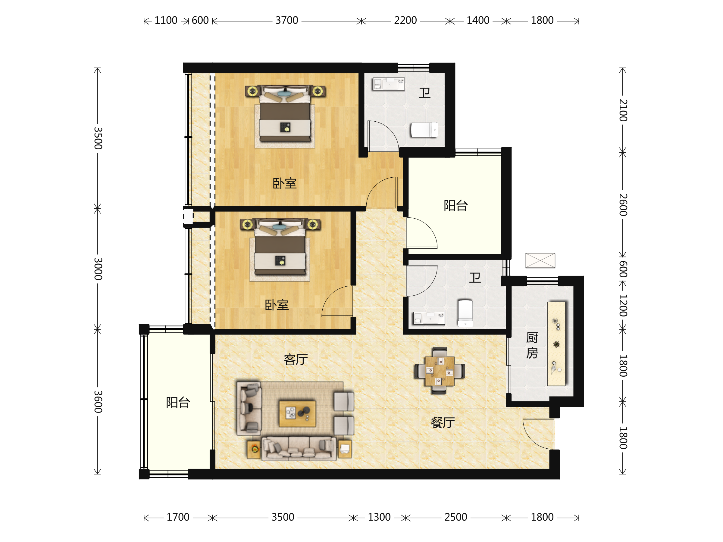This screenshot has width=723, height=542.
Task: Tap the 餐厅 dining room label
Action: click(443, 423)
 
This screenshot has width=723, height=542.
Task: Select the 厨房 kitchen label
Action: click(532, 345)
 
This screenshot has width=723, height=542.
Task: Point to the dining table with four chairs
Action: click(440, 371)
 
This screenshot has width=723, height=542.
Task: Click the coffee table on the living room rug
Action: click(297, 414)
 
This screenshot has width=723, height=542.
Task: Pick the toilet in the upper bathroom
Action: click(424, 130)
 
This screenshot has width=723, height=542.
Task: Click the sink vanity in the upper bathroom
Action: click(389, 84)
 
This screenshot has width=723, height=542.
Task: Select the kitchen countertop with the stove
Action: click(557, 344)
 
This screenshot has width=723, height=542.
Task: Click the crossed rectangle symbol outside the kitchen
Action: click(540, 260)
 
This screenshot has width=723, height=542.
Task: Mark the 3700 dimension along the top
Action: click(287, 20)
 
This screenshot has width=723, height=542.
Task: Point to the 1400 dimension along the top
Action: click(478, 20)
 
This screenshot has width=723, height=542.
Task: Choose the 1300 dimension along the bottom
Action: click(379, 517)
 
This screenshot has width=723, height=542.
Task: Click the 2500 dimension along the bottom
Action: click(455, 517)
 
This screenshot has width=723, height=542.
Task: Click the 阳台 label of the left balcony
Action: click(178, 403)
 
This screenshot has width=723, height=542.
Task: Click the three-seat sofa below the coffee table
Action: click(299, 449)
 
